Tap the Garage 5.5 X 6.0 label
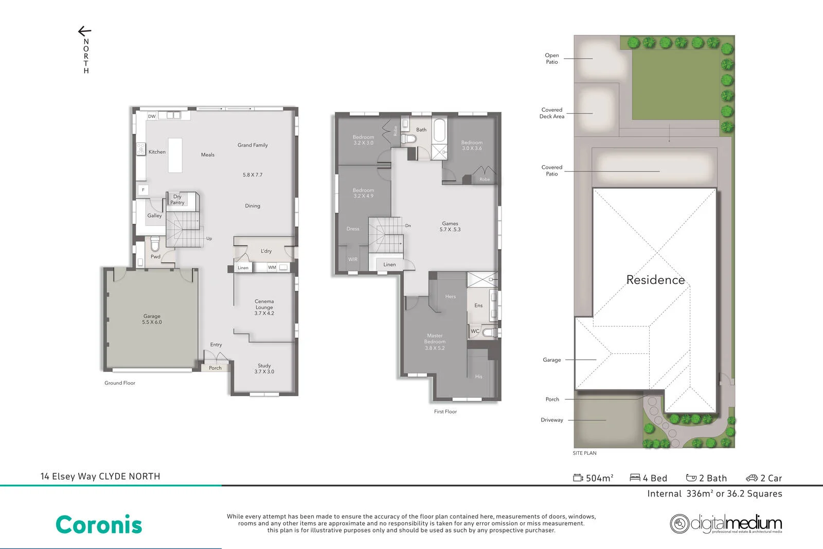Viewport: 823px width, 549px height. pyautogui.click(x=152, y=319)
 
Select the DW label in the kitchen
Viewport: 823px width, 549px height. pyautogui.click(x=152, y=116)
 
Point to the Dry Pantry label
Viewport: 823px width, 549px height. pyautogui.click(x=177, y=200)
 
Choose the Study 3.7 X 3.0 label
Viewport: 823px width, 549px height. pyautogui.click(x=264, y=368)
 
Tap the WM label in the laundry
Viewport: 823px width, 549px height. pyautogui.click(x=272, y=267)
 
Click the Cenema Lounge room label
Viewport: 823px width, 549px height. pyautogui.click(x=264, y=307)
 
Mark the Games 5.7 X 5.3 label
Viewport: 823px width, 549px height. pyautogui.click(x=450, y=226)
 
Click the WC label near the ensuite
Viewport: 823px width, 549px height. pyautogui.click(x=475, y=331)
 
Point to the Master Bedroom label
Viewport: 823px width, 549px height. pyautogui.click(x=435, y=342)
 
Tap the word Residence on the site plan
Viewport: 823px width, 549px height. pyautogui.click(x=655, y=280)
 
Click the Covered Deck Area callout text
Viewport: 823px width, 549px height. pyautogui.click(x=551, y=113)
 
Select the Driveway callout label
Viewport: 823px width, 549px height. pyautogui.click(x=551, y=420)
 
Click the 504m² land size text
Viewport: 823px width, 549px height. pyautogui.click(x=594, y=478)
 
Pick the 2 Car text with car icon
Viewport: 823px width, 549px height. pyautogui.click(x=764, y=478)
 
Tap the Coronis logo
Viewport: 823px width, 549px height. pyautogui.click(x=99, y=525)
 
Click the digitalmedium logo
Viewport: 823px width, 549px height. pyautogui.click(x=726, y=524)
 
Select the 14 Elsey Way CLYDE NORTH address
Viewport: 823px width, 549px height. pyautogui.click(x=100, y=476)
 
